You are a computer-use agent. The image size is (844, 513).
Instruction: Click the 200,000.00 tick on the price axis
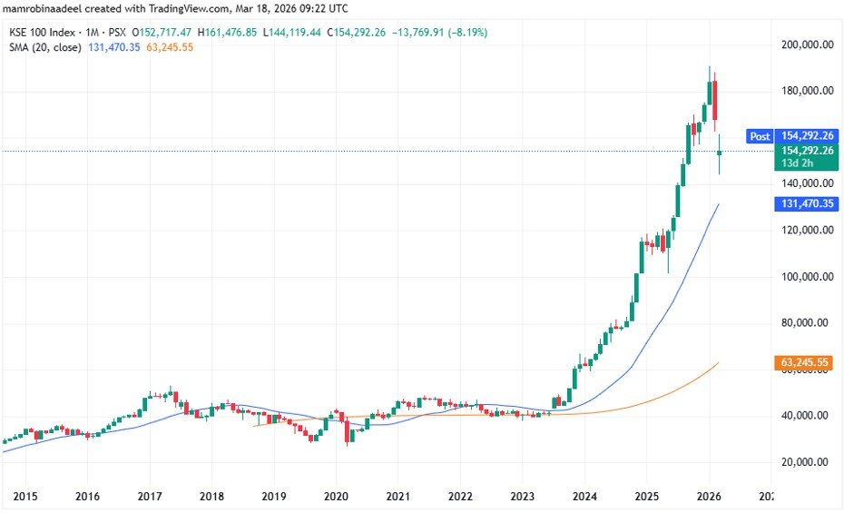[808, 44]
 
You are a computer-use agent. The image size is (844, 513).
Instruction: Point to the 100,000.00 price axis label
[808, 276]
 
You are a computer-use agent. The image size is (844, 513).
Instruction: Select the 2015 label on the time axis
[25, 497]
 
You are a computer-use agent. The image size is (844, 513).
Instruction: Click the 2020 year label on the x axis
[336, 497]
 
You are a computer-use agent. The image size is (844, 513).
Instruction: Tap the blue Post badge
[760, 136]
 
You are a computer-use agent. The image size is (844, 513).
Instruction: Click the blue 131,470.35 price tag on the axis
[808, 204]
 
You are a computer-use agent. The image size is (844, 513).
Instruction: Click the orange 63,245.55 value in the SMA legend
[169, 47]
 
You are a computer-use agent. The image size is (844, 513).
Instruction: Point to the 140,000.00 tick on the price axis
[808, 183]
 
